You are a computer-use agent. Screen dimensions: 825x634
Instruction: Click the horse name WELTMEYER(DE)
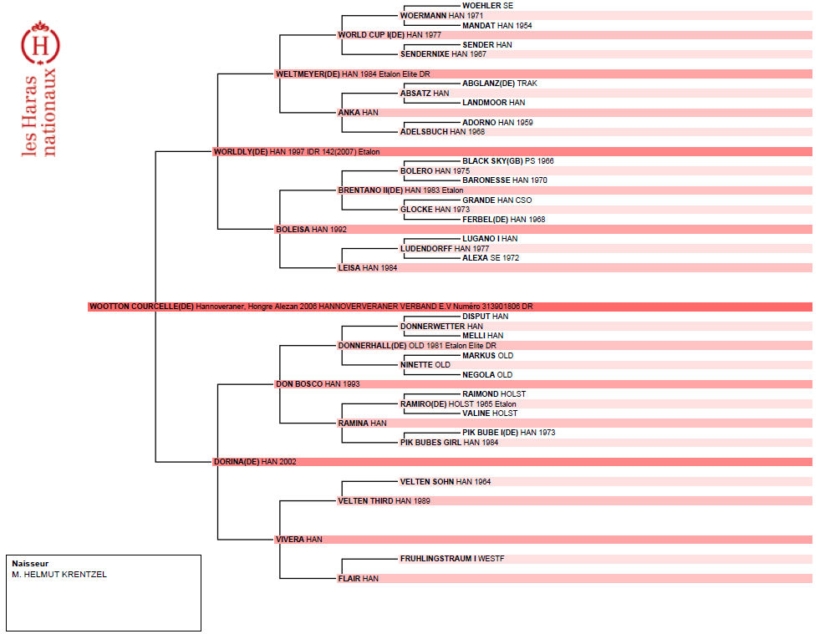(308, 74)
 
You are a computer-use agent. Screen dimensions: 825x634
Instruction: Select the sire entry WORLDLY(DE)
(241, 152)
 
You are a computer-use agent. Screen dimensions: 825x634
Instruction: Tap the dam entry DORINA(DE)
(237, 462)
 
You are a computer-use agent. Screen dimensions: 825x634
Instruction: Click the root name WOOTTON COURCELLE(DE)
(141, 307)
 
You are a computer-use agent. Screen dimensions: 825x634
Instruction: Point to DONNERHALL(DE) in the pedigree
(373, 345)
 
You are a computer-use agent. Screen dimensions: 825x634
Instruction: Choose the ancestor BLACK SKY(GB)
(492, 161)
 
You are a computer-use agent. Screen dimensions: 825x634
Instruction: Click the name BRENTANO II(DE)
(370, 190)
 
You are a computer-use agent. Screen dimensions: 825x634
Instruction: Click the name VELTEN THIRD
(365, 501)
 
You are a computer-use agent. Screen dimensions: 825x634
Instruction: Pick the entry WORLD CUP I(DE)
(371, 35)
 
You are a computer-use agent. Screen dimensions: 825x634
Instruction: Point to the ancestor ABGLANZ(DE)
(489, 84)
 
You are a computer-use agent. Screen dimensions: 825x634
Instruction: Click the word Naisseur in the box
(30, 564)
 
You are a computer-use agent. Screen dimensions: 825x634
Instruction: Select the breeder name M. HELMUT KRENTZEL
(59, 575)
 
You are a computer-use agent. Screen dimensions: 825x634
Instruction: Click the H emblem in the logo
(40, 44)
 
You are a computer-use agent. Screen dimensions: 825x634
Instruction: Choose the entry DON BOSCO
(299, 384)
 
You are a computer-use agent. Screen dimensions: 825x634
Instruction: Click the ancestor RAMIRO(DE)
(424, 404)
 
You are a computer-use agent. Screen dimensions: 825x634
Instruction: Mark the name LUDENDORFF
(426, 249)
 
